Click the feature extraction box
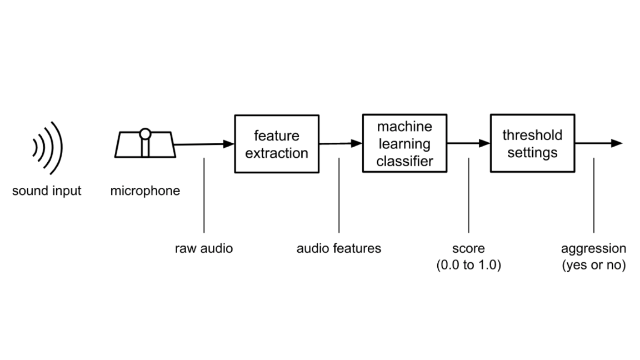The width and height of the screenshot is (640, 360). [x=277, y=144]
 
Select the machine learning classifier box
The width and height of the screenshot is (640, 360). [x=404, y=144]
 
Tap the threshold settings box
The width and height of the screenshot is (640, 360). [x=532, y=143]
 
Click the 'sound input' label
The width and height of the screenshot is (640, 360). [x=47, y=191]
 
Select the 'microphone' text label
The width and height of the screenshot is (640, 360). [x=145, y=191]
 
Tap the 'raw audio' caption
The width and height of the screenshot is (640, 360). [x=204, y=248]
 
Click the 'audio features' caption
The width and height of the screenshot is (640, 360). [x=339, y=248]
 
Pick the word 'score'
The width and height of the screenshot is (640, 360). [x=468, y=248]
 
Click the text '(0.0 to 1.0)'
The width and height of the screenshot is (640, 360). [x=469, y=266]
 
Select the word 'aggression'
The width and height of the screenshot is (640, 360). [x=593, y=248]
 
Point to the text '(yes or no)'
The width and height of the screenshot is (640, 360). [x=593, y=266]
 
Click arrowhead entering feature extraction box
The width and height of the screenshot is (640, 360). [x=229, y=144]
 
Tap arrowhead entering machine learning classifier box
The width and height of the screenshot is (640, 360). [x=357, y=143]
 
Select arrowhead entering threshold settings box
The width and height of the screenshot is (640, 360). [x=484, y=143]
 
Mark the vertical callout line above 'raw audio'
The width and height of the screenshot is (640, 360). [x=204, y=194]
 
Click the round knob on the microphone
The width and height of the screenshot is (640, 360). [x=145, y=134]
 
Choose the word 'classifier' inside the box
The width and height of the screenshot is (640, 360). [x=404, y=162]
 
